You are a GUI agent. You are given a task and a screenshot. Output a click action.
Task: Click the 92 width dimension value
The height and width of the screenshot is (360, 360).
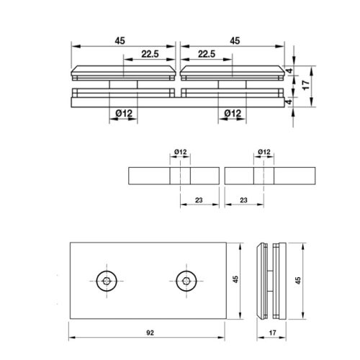coord(149,333)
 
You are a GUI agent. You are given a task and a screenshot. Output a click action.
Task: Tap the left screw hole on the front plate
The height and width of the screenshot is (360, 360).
coord(107,281)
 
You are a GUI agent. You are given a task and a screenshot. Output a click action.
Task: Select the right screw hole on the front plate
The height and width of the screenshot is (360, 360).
coord(186,281)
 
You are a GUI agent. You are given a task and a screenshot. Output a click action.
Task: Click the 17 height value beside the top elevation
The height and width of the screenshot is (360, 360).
coord(306,84)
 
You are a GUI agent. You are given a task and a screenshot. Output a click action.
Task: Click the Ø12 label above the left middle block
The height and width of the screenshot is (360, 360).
coord(180,152)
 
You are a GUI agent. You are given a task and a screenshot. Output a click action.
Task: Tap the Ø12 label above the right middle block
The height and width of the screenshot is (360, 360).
coord(264,152)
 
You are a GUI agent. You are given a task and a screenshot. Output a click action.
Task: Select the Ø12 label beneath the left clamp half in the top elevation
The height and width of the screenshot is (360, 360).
coord(124,112)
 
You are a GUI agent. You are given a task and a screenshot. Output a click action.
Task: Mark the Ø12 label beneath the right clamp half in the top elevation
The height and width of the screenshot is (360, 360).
coord(232,112)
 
